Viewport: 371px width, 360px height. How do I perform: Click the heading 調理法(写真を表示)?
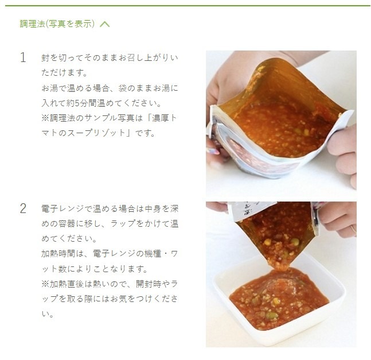click(x=57, y=24)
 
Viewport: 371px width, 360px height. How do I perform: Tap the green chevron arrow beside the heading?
click(x=104, y=24)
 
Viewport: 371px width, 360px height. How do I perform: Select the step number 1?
click(x=23, y=57)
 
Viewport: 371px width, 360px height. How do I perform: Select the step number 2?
click(x=23, y=208)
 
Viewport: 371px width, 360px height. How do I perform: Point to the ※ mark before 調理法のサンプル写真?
click(x=46, y=118)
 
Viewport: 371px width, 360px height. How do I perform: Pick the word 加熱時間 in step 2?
click(x=56, y=253)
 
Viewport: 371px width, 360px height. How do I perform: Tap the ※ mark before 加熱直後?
click(x=46, y=284)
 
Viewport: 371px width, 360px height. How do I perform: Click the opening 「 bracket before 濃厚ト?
click(x=151, y=118)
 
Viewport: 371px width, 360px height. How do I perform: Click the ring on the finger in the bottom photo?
click(x=353, y=228)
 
